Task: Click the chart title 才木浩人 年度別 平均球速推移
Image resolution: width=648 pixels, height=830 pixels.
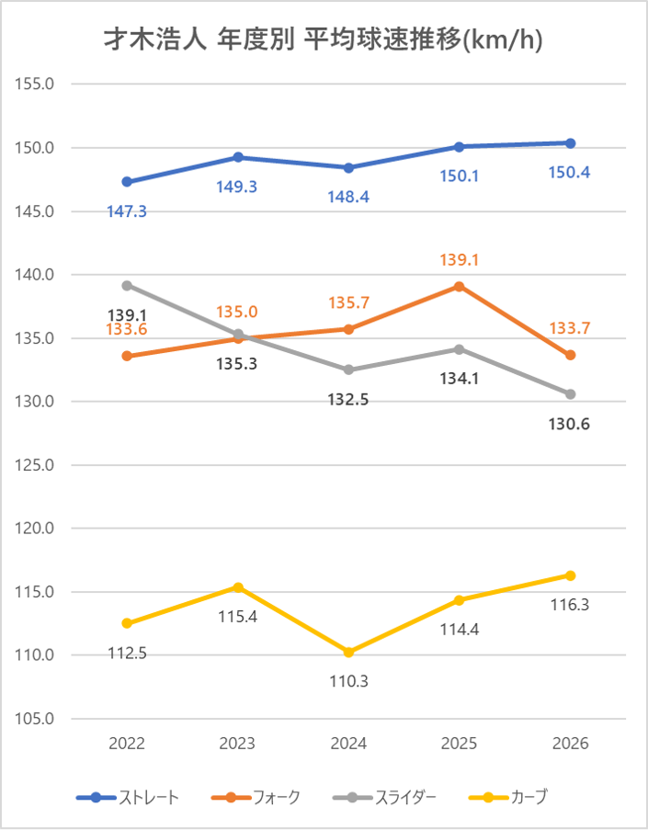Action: tap(283, 40)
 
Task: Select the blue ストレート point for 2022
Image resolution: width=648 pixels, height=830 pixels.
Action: tap(127, 182)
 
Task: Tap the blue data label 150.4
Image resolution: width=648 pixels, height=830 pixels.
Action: tap(569, 173)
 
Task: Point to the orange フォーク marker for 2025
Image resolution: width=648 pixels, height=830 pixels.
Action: tap(459, 287)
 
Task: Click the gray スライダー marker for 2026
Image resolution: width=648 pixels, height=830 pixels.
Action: tap(570, 394)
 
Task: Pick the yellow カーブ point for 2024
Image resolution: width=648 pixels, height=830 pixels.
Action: tap(348, 653)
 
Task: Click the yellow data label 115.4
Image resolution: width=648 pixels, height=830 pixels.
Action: tap(238, 617)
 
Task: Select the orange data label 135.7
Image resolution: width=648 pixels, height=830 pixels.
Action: tap(349, 302)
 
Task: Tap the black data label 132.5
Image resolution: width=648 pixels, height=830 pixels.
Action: tap(348, 400)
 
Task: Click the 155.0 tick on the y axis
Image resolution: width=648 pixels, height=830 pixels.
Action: tap(34, 84)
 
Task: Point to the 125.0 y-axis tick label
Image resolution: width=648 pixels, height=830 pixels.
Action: tap(34, 465)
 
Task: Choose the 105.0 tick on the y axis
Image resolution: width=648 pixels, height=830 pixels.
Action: tap(34, 718)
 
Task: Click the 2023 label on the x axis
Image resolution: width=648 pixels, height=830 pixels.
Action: tap(237, 744)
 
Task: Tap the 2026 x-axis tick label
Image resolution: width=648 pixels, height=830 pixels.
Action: tap(570, 744)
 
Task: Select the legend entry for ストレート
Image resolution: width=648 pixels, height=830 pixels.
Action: tap(128, 797)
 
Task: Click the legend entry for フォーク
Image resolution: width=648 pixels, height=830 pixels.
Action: tap(256, 797)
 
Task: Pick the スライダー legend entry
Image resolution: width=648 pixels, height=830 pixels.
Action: tap(384, 797)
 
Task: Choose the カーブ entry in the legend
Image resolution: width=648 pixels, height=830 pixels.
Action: tap(508, 797)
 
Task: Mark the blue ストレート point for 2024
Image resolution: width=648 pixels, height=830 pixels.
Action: tap(348, 168)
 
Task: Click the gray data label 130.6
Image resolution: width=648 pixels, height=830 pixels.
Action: tap(569, 424)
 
